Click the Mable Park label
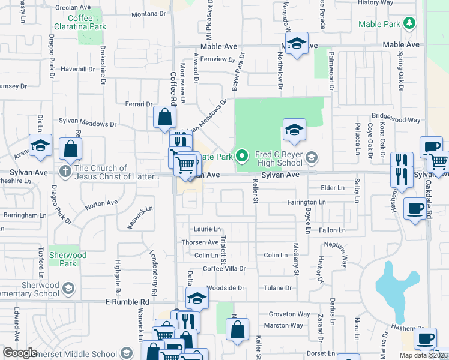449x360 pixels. click(380, 24)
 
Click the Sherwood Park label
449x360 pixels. click(68, 259)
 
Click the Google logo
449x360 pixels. click(20, 353)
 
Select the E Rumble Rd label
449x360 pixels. click(127, 301)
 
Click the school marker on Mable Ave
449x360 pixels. click(296, 44)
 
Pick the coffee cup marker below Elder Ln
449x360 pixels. click(415, 209)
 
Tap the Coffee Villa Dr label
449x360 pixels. click(224, 268)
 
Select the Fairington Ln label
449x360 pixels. click(306, 202)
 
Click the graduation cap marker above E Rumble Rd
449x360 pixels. click(197, 298)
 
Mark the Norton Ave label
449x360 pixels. click(101, 204)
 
